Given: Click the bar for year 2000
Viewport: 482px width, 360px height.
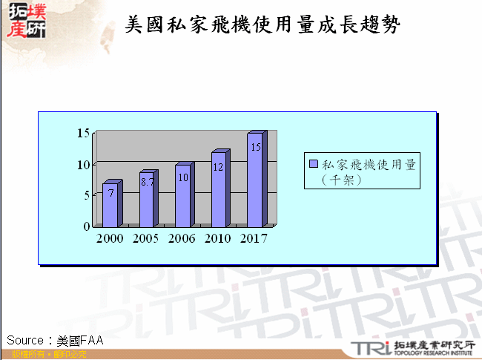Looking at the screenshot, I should (110, 205).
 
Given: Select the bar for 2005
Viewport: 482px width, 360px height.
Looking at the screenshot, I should (146, 200).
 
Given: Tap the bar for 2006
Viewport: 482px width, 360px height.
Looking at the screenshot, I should (182, 197).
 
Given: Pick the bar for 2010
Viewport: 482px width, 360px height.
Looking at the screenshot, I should (219, 190).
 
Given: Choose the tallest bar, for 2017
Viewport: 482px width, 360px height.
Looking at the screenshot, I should (255, 180).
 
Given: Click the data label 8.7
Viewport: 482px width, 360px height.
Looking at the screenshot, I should (147, 181).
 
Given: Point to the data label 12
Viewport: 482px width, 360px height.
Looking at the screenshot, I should (218, 167).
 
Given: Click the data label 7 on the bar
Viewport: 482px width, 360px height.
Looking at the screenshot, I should (110, 192).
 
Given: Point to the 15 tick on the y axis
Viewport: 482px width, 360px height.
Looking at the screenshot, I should (83, 133).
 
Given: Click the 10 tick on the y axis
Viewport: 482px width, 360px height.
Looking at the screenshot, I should (83, 164).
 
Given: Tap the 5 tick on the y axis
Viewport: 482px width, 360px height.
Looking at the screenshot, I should (87, 195).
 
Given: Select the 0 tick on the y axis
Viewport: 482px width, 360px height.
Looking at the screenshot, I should (87, 226).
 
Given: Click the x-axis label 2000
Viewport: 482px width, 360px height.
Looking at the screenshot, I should (110, 239).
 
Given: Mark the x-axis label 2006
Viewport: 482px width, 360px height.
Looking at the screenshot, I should (182, 239).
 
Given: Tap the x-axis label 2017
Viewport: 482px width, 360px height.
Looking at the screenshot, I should (254, 239).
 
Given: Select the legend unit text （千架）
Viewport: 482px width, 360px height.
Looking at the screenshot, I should (342, 179).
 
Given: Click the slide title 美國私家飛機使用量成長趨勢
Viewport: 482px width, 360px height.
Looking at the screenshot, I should (263, 25).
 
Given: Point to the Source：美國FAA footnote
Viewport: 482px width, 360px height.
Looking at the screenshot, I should (55, 340).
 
